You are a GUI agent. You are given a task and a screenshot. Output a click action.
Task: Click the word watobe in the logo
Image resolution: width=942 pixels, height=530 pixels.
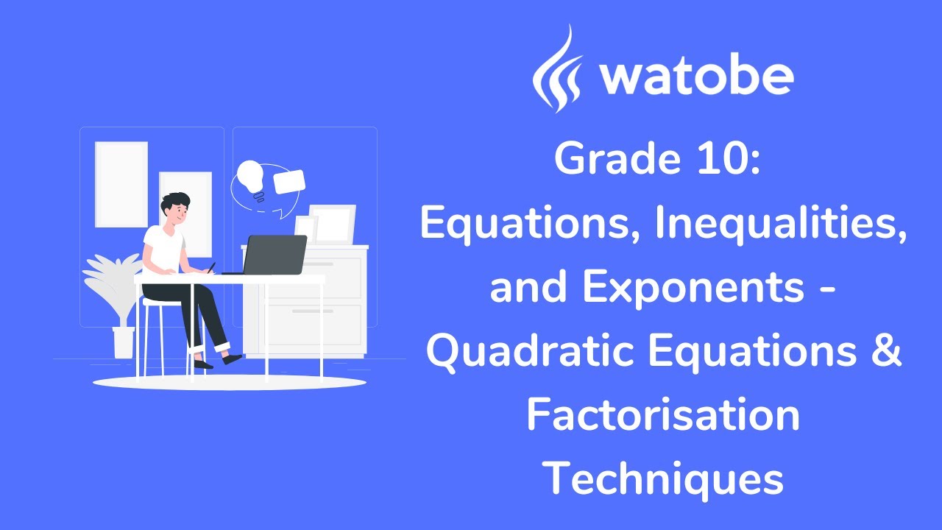(x=696, y=76)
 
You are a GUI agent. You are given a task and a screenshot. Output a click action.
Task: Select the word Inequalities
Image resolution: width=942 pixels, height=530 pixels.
(x=779, y=225)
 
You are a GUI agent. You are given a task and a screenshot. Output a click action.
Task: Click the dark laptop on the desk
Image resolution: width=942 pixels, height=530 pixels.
(x=275, y=254)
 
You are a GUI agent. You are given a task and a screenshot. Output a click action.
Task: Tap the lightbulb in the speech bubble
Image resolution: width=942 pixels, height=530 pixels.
(x=251, y=177)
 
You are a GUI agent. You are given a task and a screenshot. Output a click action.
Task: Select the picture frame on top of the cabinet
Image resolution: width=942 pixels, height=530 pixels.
(x=331, y=223)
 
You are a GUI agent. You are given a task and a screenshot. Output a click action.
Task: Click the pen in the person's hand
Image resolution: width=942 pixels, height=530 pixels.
(x=212, y=267)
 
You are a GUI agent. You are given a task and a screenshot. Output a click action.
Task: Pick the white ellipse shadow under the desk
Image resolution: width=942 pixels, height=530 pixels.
(x=228, y=382)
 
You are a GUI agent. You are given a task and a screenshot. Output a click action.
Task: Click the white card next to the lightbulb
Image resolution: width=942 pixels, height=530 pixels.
(x=289, y=182)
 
